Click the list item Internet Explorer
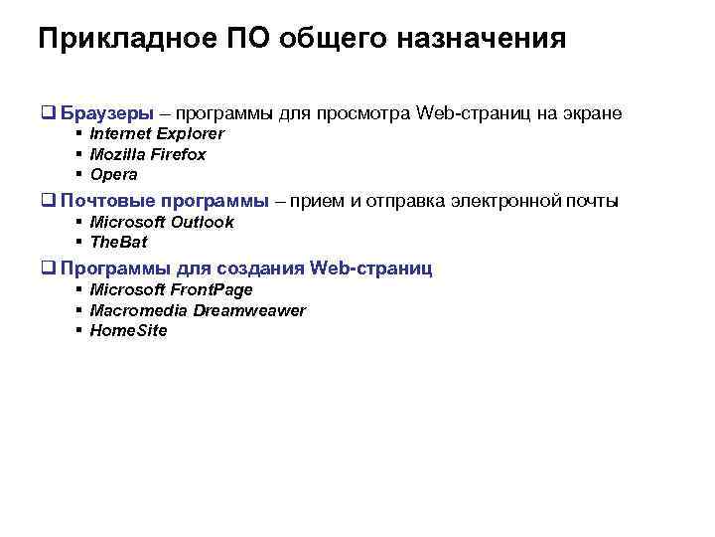(157, 133)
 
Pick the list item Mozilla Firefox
(148, 154)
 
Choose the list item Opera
(113, 174)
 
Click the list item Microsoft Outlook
(162, 222)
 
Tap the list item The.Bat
(118, 242)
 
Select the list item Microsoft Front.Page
(171, 289)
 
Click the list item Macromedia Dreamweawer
(198, 310)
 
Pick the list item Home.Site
(128, 330)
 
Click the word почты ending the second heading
(593, 201)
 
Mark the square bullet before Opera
(76, 174)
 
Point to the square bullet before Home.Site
(76, 330)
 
